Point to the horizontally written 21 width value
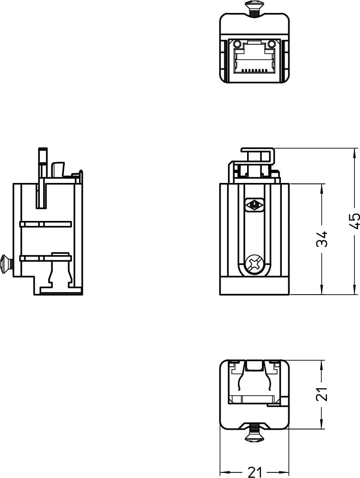(x=254, y=472)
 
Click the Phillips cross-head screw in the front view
(x=254, y=264)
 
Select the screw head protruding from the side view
(x=6, y=264)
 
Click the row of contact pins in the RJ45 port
(x=254, y=71)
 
